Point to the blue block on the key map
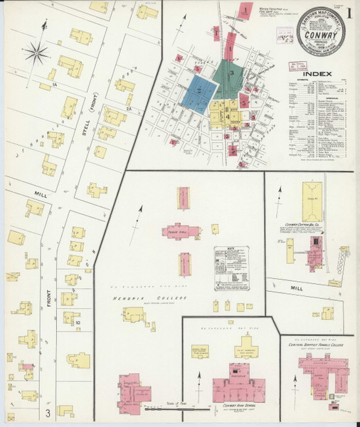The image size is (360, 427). pos(197,92)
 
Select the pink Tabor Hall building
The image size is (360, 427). pos(186,233)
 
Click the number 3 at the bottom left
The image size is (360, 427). pos(48,411)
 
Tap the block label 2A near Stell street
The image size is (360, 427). pos(129,108)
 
